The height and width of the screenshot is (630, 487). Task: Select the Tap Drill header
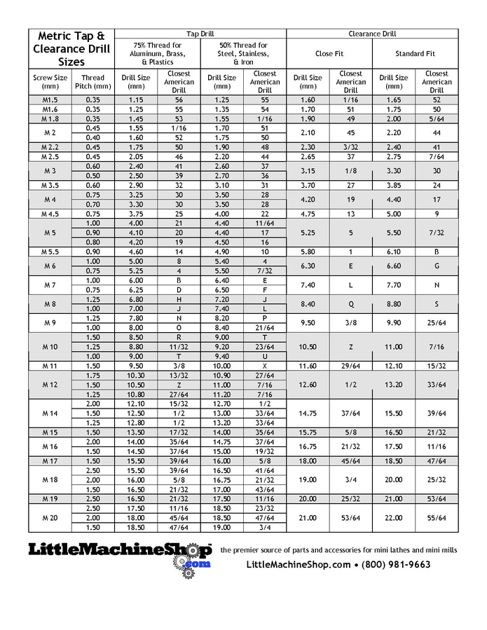pos(200,33)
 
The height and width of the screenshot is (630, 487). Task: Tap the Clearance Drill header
pos(372,33)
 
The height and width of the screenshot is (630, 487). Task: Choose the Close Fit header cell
pos(329,53)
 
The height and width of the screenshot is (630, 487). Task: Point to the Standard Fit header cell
pos(415,53)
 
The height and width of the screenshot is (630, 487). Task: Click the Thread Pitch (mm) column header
pos(92,82)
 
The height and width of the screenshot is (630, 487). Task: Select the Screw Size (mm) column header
pos(50,82)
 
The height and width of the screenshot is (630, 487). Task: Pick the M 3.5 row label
pos(50,185)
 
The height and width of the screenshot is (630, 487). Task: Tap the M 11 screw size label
pos(50,366)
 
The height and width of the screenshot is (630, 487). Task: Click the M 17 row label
pos(50,460)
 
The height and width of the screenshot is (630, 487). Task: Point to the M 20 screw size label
pos(50,517)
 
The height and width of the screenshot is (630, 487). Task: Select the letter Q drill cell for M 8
pos(350,304)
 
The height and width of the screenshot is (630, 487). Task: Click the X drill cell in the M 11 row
pos(264,366)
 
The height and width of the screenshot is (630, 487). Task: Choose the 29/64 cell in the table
pos(350,366)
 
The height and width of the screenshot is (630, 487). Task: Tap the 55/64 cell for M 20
pos(437,517)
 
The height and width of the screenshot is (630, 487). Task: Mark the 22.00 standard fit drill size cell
pos(394,517)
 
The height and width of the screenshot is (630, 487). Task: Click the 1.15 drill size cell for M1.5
pos(136,100)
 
